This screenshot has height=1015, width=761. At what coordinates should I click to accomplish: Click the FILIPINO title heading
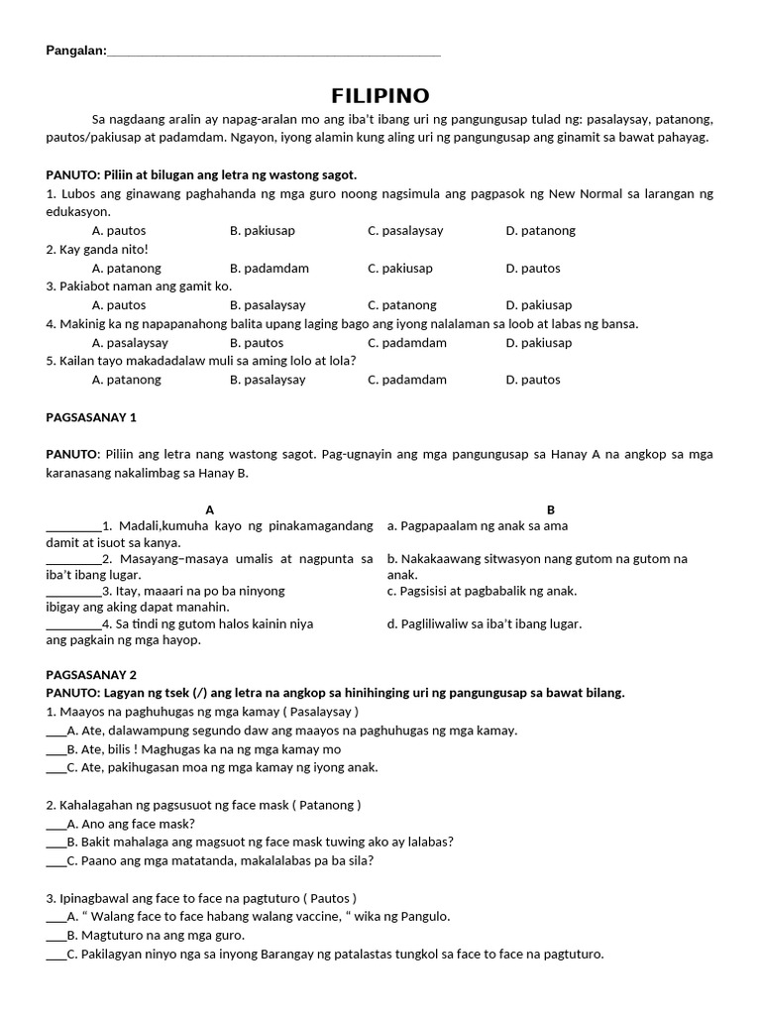[380, 96]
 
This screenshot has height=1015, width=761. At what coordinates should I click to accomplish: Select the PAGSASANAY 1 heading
[91, 417]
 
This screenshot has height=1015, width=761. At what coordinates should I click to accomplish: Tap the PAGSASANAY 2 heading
[91, 674]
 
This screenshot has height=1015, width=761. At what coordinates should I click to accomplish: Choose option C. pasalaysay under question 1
[405, 231]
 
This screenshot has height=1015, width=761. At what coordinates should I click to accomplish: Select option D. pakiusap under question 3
[538, 305]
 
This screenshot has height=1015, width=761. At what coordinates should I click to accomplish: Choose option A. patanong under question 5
[126, 380]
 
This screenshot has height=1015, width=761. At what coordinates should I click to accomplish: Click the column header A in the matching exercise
[210, 509]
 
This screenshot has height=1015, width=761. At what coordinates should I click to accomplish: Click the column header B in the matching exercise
[551, 509]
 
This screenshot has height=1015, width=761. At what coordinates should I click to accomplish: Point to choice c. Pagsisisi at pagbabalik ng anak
[482, 591]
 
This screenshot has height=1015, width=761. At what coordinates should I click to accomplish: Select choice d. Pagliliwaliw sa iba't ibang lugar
[485, 623]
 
